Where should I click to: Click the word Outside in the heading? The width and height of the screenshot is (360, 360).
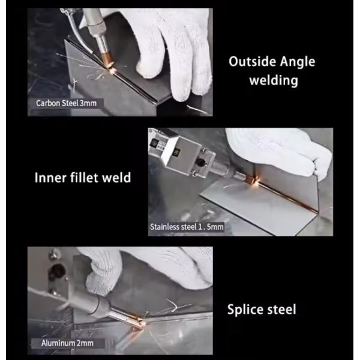coord(252,62)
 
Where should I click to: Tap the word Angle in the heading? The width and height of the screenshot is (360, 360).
coord(298,62)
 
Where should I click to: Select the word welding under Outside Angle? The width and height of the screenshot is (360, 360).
coord(274,80)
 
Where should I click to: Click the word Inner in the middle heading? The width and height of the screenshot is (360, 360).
coord(50,178)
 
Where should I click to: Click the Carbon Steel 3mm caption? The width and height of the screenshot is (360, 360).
coord(67,103)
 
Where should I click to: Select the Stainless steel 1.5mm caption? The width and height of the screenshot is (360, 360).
coord(187,227)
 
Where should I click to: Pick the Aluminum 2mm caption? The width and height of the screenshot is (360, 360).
coord(67,343)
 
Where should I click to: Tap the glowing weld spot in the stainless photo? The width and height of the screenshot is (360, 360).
coord(256,181)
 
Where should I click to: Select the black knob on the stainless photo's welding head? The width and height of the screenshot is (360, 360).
coord(201,162)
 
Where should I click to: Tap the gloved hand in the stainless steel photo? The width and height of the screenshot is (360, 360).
coord(283,152)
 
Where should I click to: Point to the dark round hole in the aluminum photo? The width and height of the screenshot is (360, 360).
coord(56,271)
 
